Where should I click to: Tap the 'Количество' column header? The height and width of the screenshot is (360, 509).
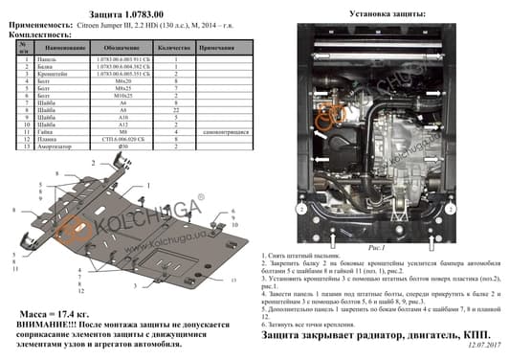pyautogui.click(x=175, y=46)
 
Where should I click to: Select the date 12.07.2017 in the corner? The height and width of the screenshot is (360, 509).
pyautogui.click(x=485, y=354)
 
